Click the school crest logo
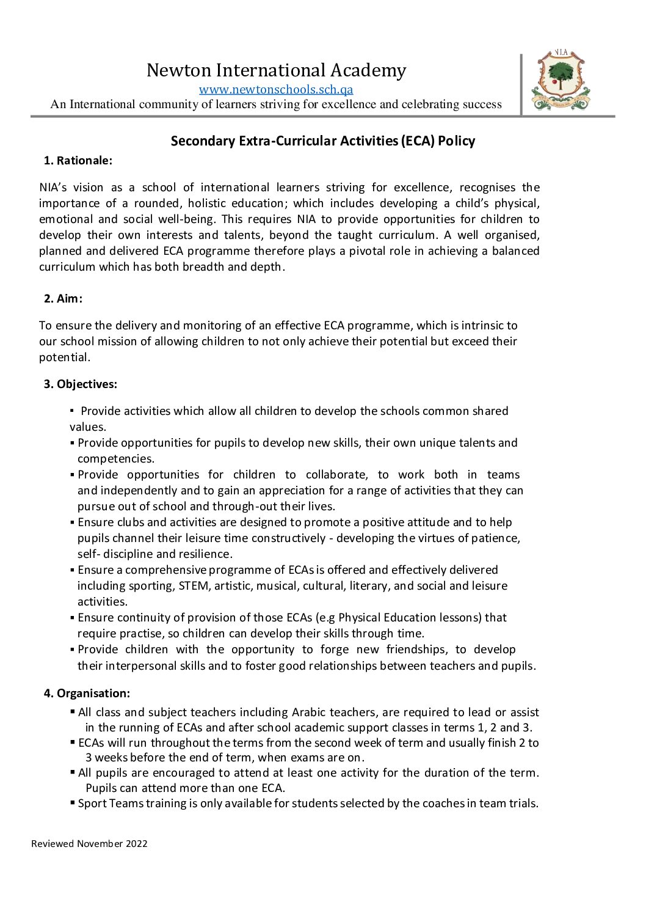[561, 81]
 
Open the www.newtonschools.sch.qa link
[276, 89]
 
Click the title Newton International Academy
[276, 70]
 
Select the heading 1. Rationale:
[78, 161]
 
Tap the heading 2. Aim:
[63, 299]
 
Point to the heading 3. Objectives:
[80, 384]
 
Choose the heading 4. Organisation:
[87, 694]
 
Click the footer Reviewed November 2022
[89, 844]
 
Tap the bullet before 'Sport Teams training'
[73, 803]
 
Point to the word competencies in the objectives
[115, 459]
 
